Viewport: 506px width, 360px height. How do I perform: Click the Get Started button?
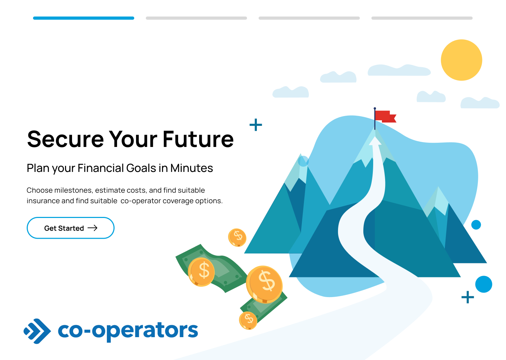(71, 228)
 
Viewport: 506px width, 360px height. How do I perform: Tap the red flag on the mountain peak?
(385, 116)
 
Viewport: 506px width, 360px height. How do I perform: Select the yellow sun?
(461, 60)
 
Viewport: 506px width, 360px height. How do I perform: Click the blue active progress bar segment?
(84, 18)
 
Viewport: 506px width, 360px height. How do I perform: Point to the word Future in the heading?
(198, 139)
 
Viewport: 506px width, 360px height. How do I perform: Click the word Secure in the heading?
(65, 139)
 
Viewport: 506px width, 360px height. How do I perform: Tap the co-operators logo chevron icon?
(37, 331)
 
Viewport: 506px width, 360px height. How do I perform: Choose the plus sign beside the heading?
(256, 125)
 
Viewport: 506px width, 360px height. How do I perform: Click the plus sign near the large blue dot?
(468, 297)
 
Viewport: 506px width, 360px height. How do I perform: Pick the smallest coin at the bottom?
(248, 320)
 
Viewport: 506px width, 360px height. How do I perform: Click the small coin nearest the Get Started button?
(237, 237)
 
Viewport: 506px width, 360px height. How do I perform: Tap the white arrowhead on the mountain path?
(375, 141)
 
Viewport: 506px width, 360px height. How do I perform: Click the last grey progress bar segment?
(422, 18)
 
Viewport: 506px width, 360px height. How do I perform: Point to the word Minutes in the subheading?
(192, 168)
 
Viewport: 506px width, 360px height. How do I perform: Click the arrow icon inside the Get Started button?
(92, 228)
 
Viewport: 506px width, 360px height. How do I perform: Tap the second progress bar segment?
(196, 18)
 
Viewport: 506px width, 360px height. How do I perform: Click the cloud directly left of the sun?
(399, 70)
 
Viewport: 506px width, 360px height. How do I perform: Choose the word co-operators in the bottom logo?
(128, 331)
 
